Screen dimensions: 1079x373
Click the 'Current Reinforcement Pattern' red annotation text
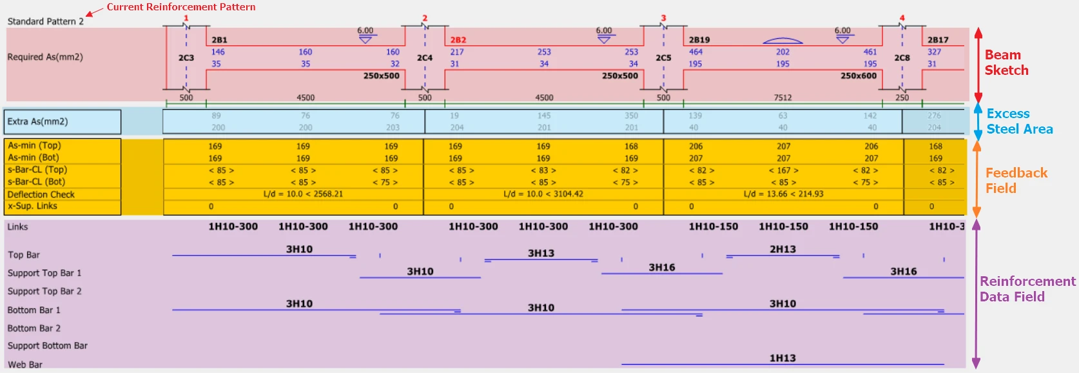coord(181,6)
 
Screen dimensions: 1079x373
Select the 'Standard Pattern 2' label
coord(45,21)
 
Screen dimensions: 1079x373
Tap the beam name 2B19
coord(699,39)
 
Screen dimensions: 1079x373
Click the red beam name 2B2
coord(458,39)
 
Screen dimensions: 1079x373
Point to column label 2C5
coord(663,57)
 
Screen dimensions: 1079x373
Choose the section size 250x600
coord(859,76)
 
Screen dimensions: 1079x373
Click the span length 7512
coord(783,97)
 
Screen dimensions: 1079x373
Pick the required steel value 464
coord(695,52)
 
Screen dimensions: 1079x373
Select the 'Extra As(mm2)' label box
coord(62,121)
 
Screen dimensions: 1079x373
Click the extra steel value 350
coord(631,116)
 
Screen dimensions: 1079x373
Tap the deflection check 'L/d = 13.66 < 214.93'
coord(783,194)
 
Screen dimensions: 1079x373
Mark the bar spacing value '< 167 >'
coord(783,170)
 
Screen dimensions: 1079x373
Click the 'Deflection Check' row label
coord(41,194)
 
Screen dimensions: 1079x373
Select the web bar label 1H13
coord(783,358)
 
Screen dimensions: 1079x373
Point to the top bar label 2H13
coord(783,249)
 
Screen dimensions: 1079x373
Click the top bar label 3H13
coord(541,254)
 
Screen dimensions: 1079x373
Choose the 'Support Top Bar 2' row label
coord(44,292)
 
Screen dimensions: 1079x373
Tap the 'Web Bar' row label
coord(25,365)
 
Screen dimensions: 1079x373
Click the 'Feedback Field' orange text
coord(1016,181)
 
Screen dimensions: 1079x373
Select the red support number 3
coord(663,18)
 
